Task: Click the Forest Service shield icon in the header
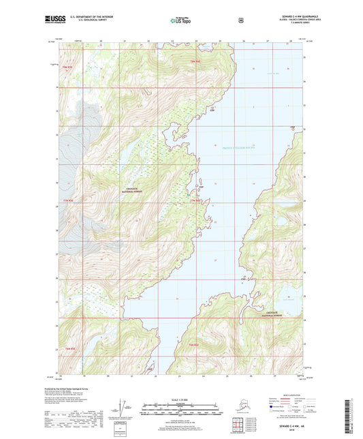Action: click(x=241, y=20)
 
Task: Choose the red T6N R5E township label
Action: click(x=69, y=348)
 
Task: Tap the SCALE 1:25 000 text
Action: click(x=180, y=399)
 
